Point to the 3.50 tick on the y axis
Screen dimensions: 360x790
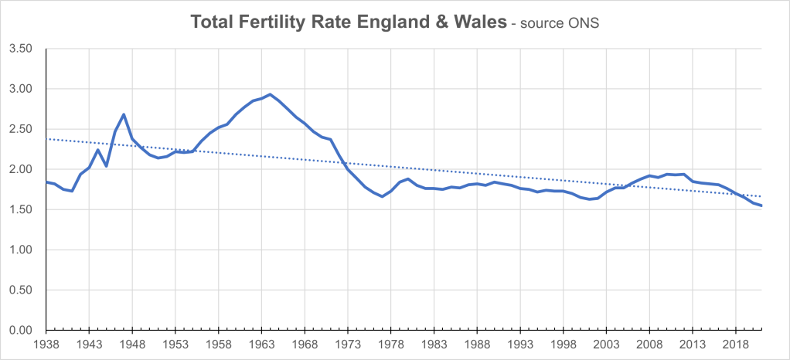pos(20,49)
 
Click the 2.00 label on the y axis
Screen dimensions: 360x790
pos(20,169)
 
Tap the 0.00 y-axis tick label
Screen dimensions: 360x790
pos(20,330)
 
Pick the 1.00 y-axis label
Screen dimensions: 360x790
pos(20,250)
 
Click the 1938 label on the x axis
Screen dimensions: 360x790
pos(46,344)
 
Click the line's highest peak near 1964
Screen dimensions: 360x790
pos(270,94)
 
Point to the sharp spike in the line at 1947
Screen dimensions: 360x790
pos(124,114)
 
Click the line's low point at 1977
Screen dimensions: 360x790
pos(382,196)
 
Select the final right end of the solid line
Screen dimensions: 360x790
pos(762,205)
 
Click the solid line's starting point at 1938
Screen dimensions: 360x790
pos(46,182)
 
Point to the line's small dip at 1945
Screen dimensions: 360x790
pos(107,166)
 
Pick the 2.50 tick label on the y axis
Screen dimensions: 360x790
pos(20,129)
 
